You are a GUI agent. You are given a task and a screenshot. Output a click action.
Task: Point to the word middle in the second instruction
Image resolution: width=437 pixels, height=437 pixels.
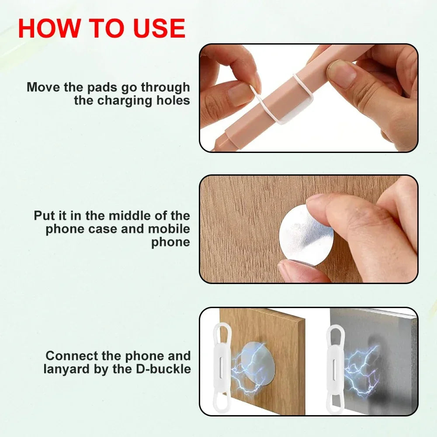click(x=132, y=215)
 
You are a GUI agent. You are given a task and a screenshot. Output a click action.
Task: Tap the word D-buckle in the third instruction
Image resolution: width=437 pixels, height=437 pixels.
click(x=164, y=369)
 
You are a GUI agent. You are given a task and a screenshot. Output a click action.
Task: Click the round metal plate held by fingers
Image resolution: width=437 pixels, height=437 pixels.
click(x=306, y=235)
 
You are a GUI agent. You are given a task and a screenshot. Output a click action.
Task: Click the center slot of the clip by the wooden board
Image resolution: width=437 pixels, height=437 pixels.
click(x=222, y=362)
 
